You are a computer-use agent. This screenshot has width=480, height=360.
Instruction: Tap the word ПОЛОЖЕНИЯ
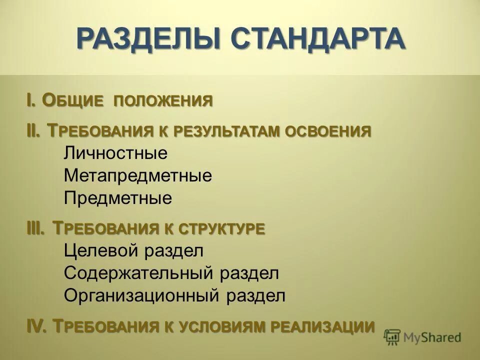coord(163,101)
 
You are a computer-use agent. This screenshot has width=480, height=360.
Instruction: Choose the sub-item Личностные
coord(115,153)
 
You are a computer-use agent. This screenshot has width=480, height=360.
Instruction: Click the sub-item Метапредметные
coord(138,176)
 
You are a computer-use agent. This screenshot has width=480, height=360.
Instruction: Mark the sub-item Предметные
coord(118,198)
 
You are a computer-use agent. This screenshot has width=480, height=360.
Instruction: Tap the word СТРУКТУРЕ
coord(222,229)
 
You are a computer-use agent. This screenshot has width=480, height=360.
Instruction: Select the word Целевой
coord(102,250)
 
